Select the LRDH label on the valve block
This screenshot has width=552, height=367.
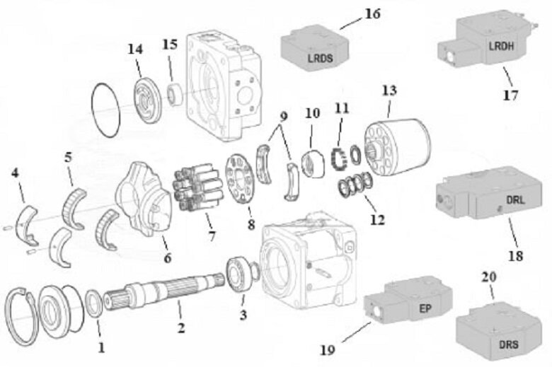click(502, 46)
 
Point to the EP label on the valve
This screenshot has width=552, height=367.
click(425, 308)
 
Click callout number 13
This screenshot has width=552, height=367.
click(389, 91)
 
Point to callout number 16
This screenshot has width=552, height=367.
click(372, 13)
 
